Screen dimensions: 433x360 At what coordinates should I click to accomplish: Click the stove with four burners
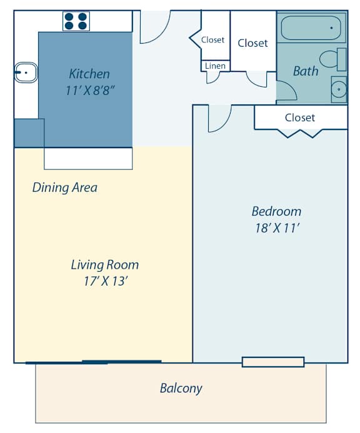(x=76, y=21)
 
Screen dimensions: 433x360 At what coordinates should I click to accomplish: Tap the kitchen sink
(x=25, y=73)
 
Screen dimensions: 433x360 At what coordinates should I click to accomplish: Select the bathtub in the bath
(x=311, y=28)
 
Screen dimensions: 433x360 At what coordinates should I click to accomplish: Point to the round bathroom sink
(x=338, y=89)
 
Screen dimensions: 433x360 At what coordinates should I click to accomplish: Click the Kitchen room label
(x=89, y=74)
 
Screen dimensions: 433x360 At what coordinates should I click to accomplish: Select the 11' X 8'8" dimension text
(x=90, y=90)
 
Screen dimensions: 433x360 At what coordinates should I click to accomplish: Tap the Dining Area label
(x=65, y=187)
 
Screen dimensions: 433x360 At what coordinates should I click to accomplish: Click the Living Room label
(x=104, y=264)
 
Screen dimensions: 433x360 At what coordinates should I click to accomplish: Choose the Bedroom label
(x=276, y=211)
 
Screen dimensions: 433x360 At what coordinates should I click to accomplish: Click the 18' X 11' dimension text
(x=276, y=228)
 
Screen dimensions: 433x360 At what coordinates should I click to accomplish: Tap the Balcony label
(x=181, y=388)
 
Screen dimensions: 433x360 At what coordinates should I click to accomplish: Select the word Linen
(x=214, y=66)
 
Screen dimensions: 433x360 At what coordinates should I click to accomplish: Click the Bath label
(x=306, y=71)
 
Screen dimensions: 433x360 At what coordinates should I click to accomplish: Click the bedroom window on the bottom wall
(x=273, y=362)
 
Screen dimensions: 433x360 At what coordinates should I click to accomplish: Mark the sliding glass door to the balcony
(x=94, y=362)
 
